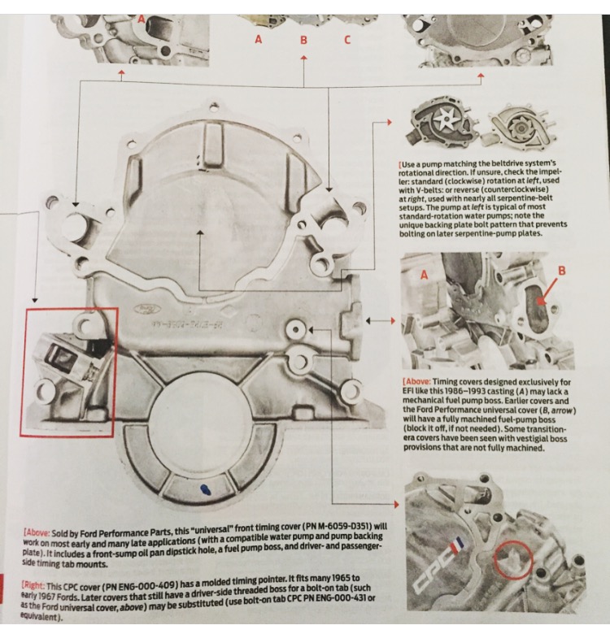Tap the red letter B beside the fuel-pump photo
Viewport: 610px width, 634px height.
pyautogui.click(x=560, y=268)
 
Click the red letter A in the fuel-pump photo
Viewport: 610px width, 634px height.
pyautogui.click(x=424, y=276)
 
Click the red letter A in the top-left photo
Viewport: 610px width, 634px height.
pyautogui.click(x=142, y=15)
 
